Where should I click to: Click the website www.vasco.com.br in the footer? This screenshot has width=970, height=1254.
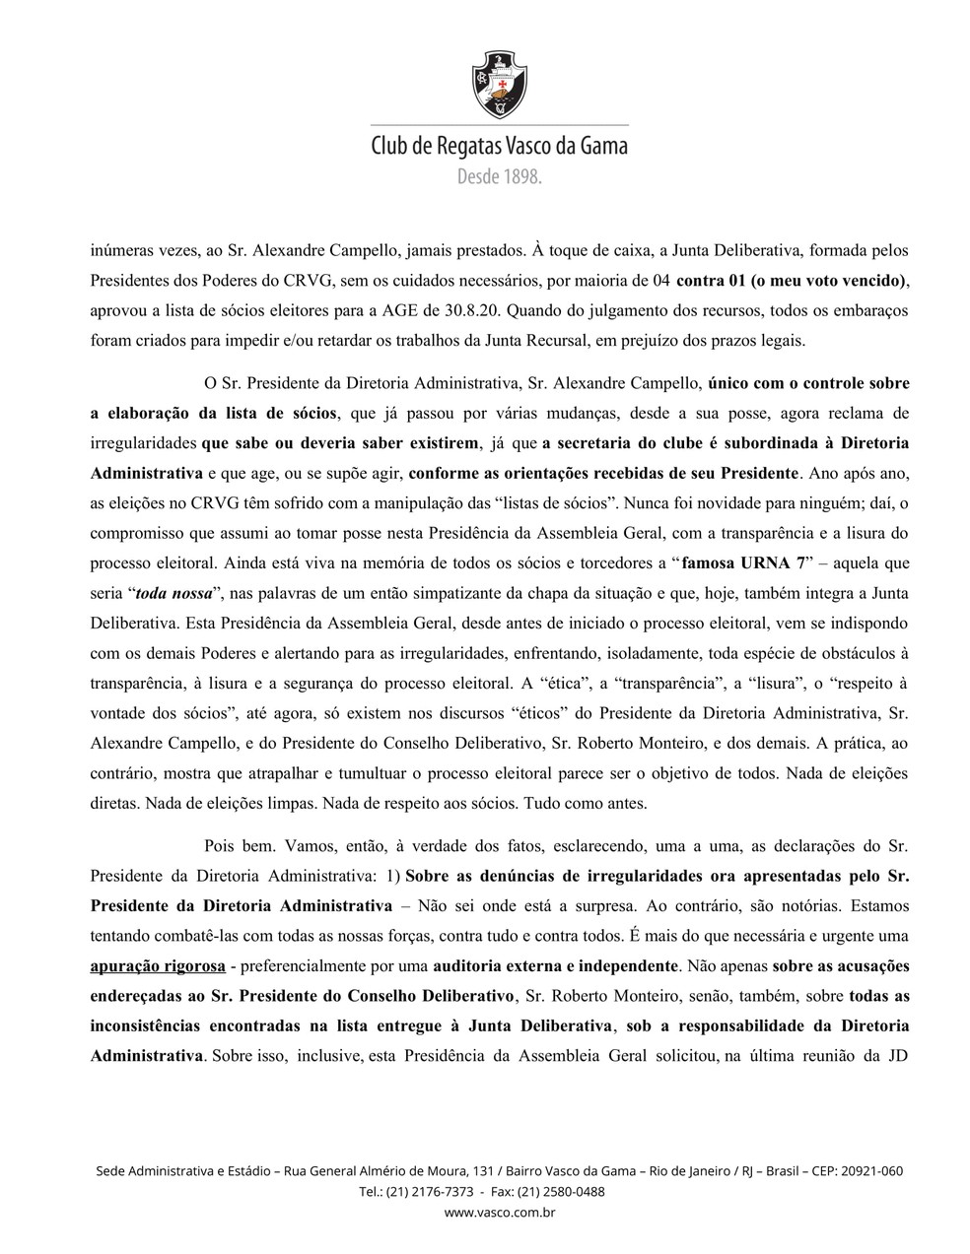(x=500, y=1213)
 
